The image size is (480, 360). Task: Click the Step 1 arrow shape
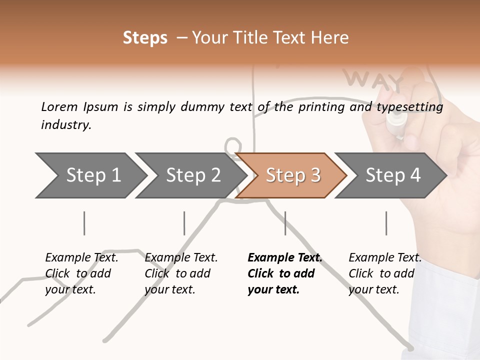90,175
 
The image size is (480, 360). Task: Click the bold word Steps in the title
145,38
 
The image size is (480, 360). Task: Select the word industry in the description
66,125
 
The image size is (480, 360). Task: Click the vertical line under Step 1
84,223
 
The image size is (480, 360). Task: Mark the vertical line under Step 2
184,223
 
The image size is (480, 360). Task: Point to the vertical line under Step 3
285,223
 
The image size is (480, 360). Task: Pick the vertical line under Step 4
386,223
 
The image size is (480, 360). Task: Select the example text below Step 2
180,273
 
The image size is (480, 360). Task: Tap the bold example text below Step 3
284,273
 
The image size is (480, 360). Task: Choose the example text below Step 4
384,273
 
